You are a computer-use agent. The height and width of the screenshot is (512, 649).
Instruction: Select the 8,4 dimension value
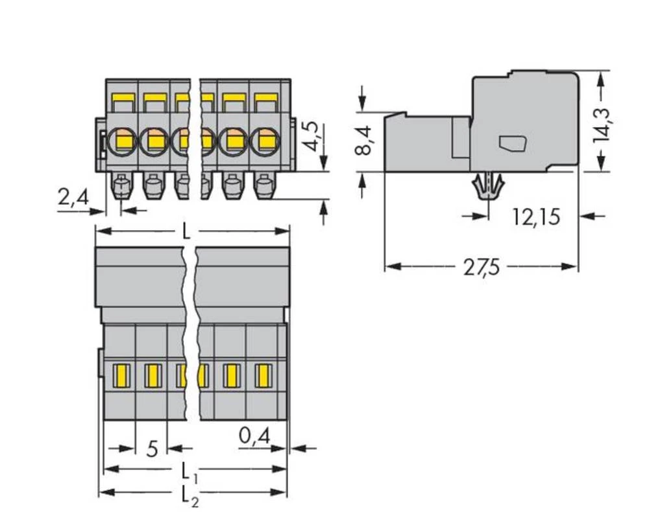tap(365, 140)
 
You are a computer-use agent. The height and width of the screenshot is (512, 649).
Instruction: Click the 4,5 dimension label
tap(313, 135)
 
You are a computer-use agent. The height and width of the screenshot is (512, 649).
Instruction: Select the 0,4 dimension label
tap(254, 437)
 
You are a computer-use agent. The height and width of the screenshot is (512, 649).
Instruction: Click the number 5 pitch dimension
tap(151, 448)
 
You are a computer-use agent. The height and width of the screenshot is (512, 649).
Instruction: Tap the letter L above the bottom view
tap(186, 231)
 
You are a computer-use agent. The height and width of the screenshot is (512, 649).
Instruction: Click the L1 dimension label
tap(188, 469)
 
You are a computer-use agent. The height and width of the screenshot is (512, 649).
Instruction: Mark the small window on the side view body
tap(512, 143)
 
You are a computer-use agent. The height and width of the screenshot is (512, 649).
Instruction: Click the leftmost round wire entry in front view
tap(122, 139)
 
